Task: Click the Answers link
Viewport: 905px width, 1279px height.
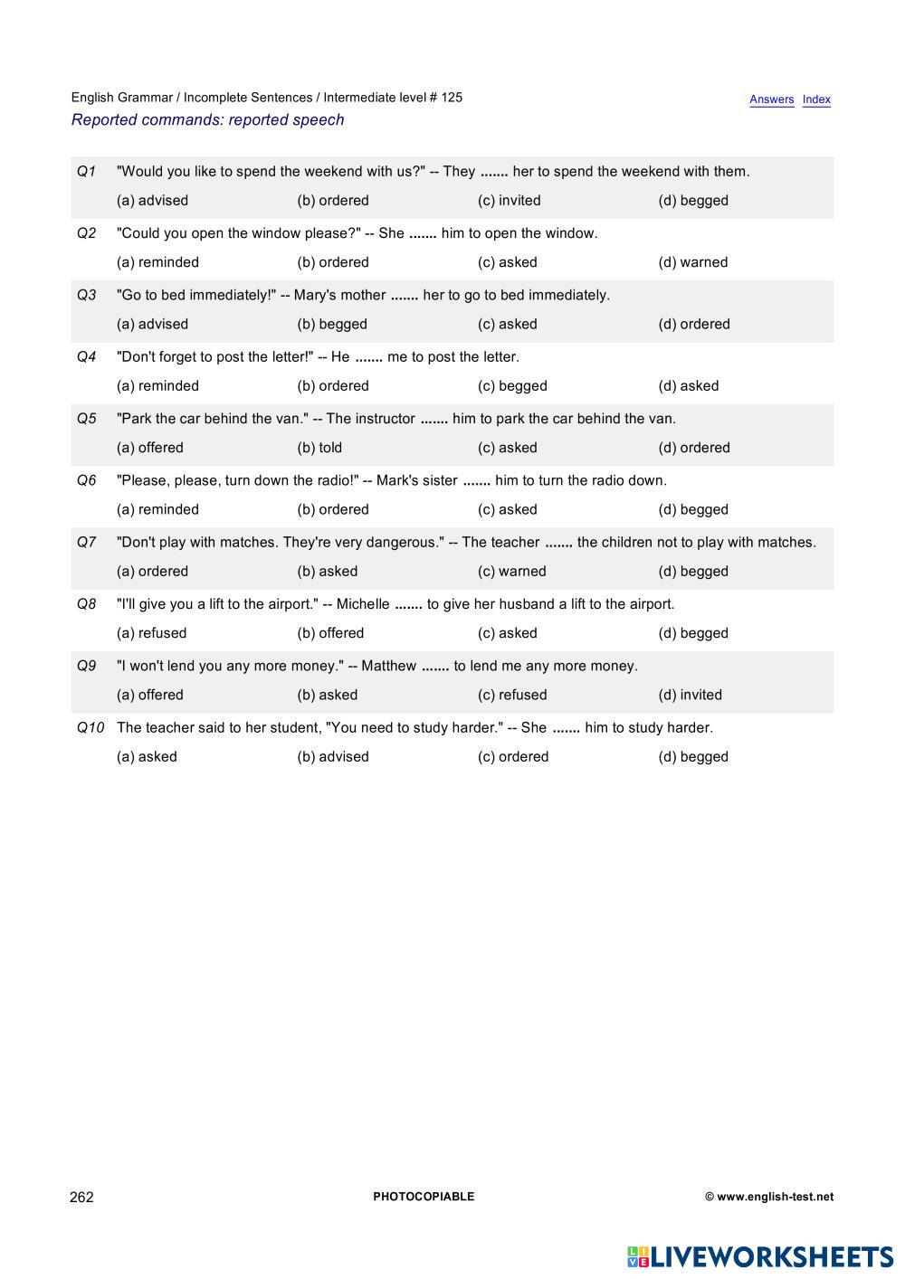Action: tap(771, 99)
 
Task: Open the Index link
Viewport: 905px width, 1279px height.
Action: tap(816, 99)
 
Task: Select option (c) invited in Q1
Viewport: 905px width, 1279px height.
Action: tap(509, 201)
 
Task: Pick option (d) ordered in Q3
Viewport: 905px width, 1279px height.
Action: tap(693, 324)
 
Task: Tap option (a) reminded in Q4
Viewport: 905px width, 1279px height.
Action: tap(157, 386)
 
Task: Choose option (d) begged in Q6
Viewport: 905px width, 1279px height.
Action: tap(692, 509)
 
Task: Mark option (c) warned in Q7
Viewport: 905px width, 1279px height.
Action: tap(511, 572)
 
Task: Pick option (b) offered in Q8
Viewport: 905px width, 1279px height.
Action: tap(330, 633)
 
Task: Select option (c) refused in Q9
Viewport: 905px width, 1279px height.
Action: tap(512, 695)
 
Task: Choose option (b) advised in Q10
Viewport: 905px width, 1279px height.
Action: tap(333, 757)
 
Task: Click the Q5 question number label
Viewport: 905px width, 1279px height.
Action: tap(87, 419)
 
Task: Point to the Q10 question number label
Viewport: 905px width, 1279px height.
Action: tap(90, 728)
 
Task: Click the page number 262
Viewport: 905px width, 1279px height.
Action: tap(81, 1197)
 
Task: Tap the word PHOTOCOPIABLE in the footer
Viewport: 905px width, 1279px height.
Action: tap(424, 1197)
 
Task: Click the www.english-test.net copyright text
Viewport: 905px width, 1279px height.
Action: tap(769, 1197)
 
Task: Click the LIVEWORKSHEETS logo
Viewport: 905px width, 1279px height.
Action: tap(760, 1256)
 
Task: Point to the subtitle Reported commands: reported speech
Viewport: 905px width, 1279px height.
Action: tap(207, 120)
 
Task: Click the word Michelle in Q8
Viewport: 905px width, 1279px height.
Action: tap(362, 604)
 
